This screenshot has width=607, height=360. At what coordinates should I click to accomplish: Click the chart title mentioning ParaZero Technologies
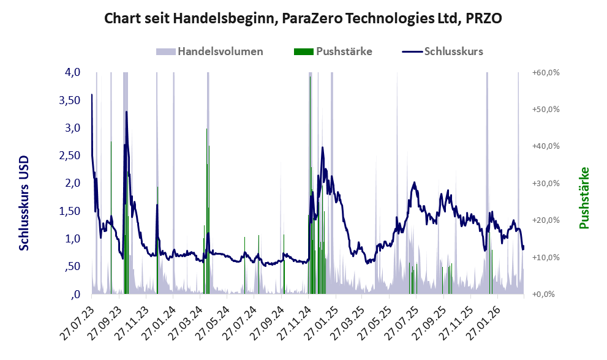tap(303, 18)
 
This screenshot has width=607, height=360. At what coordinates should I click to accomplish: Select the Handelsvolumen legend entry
tap(210, 51)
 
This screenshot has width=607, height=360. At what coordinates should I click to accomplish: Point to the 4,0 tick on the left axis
tap(72, 72)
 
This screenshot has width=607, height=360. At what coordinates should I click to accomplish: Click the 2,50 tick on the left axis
tap(69, 156)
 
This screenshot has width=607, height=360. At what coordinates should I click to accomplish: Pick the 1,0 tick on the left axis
tap(72, 239)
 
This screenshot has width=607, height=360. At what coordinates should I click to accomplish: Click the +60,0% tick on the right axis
tap(545, 73)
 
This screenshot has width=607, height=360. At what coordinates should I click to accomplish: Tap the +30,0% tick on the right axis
tap(545, 184)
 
